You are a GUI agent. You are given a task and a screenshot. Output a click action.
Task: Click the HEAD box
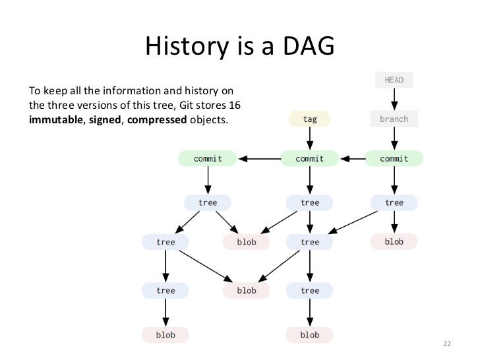[x=394, y=80]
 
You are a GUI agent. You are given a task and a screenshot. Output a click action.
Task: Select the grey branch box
[x=394, y=119]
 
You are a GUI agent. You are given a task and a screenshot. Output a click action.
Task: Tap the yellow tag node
[x=309, y=119]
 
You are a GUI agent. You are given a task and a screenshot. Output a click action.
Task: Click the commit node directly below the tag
[x=309, y=158]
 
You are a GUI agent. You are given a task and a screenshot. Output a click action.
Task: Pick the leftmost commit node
[x=208, y=158]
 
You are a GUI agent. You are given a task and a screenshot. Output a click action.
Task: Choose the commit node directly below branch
[x=394, y=158]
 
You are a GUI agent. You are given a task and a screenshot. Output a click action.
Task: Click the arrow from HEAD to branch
[x=394, y=100]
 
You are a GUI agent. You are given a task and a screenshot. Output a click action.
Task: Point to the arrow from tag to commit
[x=309, y=138]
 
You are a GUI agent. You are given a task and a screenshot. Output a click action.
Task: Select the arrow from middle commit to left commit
[x=258, y=158]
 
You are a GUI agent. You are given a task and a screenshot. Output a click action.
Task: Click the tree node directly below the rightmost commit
[x=394, y=202]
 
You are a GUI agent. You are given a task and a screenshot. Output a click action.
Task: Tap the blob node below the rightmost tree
[x=394, y=241]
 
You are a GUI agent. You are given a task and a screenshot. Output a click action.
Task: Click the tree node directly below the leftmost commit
[x=208, y=202]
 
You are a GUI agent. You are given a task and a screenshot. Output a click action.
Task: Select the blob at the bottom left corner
[x=165, y=334]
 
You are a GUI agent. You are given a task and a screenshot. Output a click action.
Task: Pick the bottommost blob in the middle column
[x=309, y=334]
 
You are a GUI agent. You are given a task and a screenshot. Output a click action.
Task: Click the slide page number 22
[x=447, y=345]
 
